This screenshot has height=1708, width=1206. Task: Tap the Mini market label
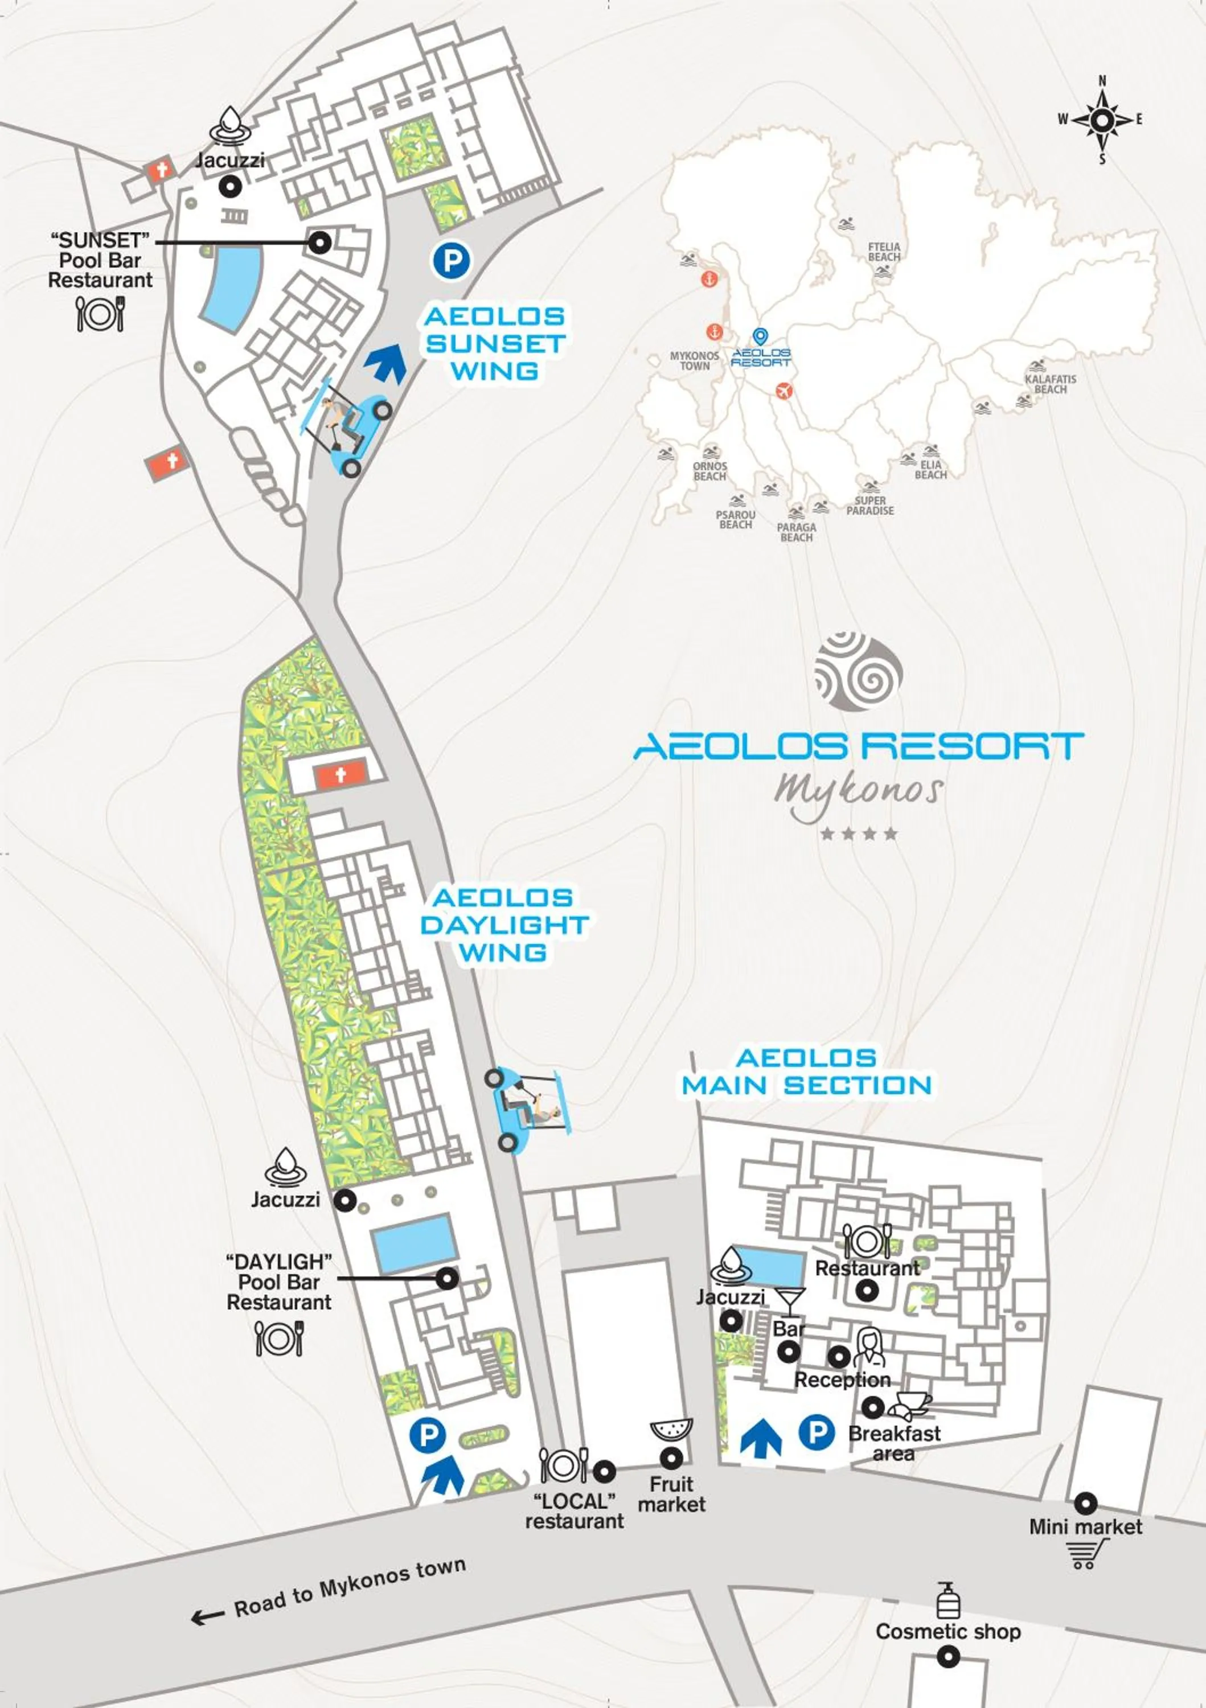tap(1085, 1526)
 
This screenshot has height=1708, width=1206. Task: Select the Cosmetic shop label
tap(948, 1631)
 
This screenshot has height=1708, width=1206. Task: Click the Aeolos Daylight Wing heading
tap(504, 925)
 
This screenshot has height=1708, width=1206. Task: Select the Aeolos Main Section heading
tap(806, 1071)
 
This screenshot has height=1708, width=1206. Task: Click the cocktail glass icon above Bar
tap(789, 1300)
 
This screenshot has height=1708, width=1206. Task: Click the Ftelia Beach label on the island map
tap(884, 252)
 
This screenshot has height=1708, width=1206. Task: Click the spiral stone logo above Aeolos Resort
tap(859, 671)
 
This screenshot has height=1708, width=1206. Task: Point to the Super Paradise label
tap(869, 506)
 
